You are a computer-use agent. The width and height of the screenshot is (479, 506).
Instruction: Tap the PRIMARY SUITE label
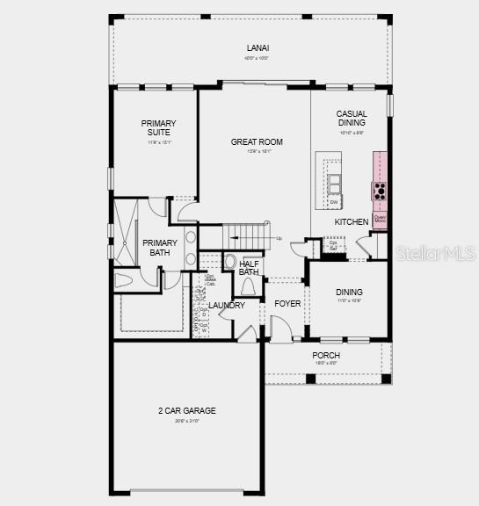[159, 128]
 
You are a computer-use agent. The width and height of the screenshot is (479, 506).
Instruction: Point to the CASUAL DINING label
[351, 119]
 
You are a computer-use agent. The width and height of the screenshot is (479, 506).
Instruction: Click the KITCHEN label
[351, 222]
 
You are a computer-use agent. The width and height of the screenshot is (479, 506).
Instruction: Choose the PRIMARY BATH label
[160, 248]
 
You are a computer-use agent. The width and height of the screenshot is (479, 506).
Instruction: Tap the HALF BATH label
[249, 267]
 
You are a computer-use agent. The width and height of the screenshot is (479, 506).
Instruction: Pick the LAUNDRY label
[227, 306]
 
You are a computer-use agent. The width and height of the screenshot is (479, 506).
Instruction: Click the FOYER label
[287, 304]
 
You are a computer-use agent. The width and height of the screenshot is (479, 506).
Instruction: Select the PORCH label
[326, 355]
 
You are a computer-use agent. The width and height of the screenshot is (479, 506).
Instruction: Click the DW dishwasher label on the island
[334, 202]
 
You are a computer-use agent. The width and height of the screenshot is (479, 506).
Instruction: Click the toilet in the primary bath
[124, 280]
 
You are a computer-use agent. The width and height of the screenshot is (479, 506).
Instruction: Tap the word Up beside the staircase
[279, 238]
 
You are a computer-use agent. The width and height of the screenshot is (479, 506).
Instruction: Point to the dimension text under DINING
[349, 301]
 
